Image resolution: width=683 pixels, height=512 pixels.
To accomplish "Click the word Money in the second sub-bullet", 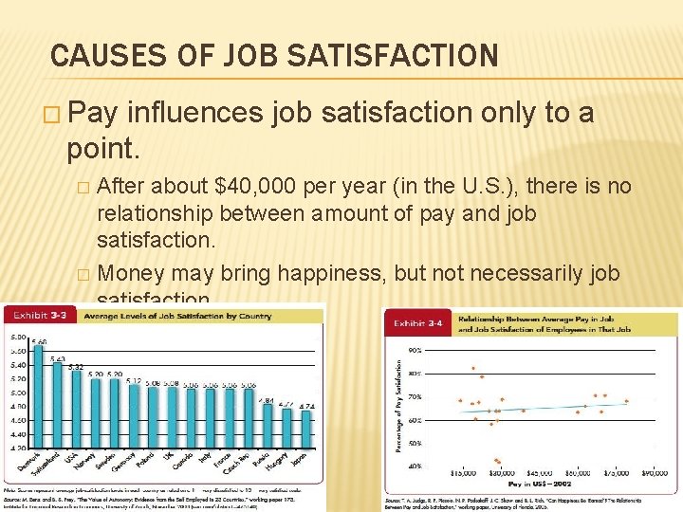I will pos(129,274).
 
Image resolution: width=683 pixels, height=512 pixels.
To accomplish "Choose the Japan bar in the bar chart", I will pos(307,428).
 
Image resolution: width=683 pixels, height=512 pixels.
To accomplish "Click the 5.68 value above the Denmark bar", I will pos(38,342).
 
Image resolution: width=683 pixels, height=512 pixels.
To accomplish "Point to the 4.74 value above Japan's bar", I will pos(307,405).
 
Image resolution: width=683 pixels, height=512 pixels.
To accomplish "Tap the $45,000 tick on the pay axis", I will pos(539,473).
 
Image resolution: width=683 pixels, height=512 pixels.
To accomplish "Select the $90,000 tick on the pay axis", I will pos(655,473).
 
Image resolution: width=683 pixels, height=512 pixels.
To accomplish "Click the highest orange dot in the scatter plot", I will pos(472,368).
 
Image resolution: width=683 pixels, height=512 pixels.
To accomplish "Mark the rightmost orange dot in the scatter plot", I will pos(626,403).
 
